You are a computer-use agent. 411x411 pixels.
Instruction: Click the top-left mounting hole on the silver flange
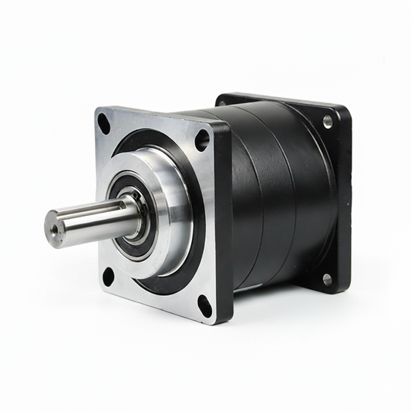pyautogui.click(x=103, y=120)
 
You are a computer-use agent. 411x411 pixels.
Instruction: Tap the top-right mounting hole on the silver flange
pyautogui.click(x=202, y=139)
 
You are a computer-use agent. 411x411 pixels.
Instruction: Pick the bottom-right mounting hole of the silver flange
pyautogui.click(x=204, y=306)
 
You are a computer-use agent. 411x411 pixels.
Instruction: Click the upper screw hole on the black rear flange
pyautogui.click(x=328, y=121)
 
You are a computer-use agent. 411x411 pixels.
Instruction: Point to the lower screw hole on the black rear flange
pyautogui.click(x=326, y=279)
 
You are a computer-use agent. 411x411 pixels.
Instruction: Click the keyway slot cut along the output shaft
pyautogui.click(x=108, y=211)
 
